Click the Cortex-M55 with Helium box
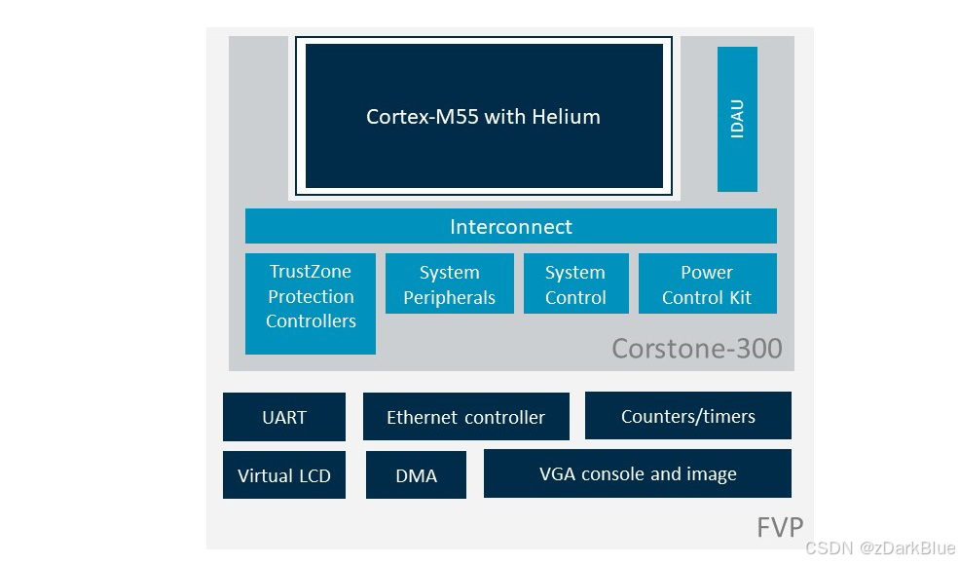pos(484,116)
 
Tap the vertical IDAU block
pos(737,120)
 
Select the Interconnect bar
pos(511,226)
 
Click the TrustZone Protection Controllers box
pos(310,304)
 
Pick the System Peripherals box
pos(450,283)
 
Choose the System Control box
pos(575,283)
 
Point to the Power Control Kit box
pos(708,283)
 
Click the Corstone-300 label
pos(697,349)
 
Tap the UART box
pos(283,417)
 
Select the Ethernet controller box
pos(466,416)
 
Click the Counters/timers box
pos(688,416)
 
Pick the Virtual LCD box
pos(283,475)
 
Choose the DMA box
pos(416,475)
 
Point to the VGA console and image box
pos(638,473)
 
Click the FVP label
pos(780,526)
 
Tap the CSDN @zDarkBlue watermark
pos(880,547)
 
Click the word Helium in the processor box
pos(566,116)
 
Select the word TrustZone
pos(310,271)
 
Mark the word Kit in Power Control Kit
pos(740,297)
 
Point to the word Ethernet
pos(422,417)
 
